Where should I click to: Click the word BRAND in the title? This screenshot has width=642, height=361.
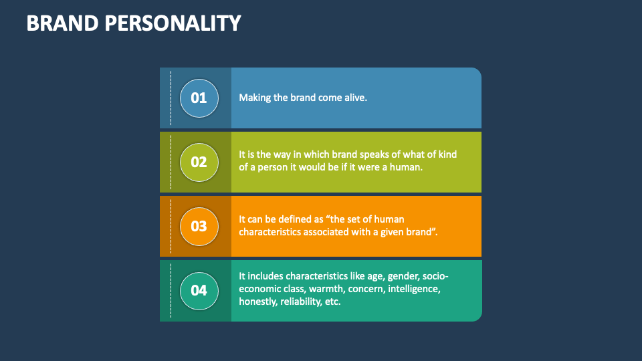[x=62, y=23]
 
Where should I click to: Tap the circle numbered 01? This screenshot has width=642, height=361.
[x=199, y=98]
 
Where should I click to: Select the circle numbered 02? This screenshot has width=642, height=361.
[x=199, y=162]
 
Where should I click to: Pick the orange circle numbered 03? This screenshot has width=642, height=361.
[x=199, y=226]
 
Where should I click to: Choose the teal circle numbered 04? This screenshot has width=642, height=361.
[x=199, y=290]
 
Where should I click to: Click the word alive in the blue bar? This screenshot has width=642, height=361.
[x=354, y=98]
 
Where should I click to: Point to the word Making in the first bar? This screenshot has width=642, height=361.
[x=255, y=98]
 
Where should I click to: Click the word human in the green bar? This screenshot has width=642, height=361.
[x=407, y=167]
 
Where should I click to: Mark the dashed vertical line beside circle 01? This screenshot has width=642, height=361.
[x=171, y=98]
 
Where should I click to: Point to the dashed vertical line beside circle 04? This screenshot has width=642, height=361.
[x=171, y=290]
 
